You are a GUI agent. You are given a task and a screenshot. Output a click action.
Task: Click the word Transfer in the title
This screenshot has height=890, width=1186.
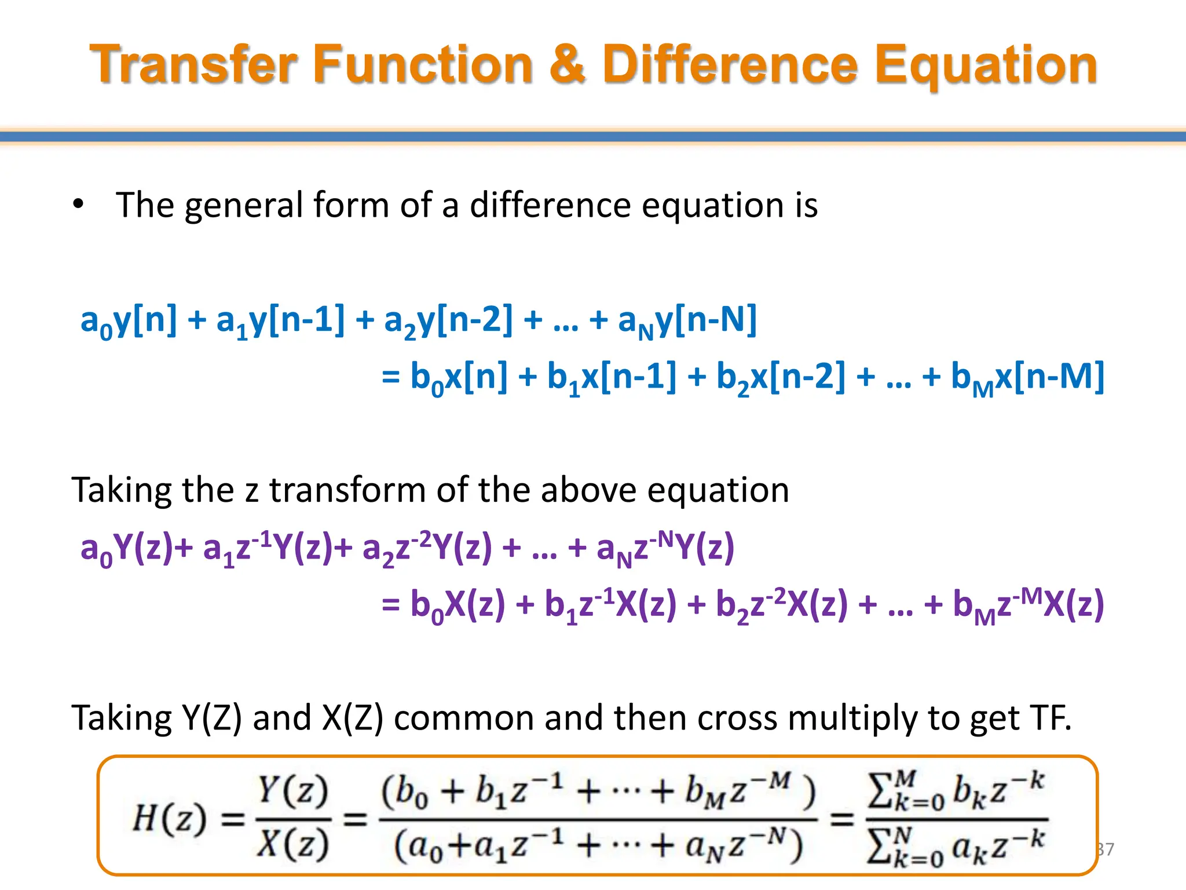pos(193,65)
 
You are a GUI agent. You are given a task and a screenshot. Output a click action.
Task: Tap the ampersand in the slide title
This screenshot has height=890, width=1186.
pos(567,65)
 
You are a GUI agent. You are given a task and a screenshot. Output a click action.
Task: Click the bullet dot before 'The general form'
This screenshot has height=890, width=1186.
pos(78,205)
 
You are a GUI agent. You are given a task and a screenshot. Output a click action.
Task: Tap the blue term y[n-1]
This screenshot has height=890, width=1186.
pos(296,320)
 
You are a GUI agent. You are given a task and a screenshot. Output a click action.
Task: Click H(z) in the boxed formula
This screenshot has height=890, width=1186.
pos(169,819)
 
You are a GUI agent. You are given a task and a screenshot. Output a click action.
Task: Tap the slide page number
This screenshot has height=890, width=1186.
pos(1105,849)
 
